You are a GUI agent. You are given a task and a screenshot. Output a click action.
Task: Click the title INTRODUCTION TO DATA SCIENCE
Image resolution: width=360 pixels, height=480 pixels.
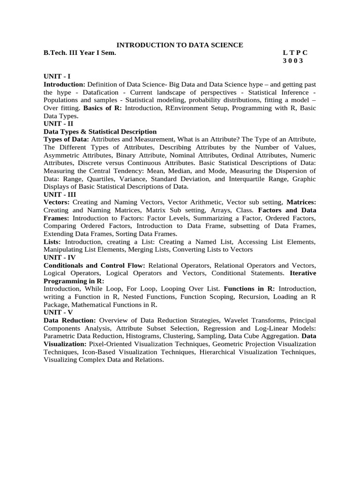coord(180,45)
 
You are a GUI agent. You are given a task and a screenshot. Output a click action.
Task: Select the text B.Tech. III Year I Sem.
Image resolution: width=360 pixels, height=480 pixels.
coord(79,53)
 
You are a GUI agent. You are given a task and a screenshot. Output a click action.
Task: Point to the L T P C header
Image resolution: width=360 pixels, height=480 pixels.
coord(295,53)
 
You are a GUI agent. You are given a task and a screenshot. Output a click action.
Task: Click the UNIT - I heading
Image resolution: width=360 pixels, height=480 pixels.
coord(57,76)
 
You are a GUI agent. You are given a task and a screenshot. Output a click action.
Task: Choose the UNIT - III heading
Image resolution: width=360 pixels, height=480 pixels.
coord(60,194)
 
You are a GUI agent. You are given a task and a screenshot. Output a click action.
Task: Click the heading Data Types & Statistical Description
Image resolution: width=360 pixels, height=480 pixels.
coord(100,132)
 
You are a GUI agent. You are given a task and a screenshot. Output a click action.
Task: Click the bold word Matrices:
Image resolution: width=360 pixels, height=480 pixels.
coord(301,202)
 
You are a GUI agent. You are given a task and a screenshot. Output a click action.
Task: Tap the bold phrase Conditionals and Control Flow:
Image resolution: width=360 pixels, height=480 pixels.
coord(94,265)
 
